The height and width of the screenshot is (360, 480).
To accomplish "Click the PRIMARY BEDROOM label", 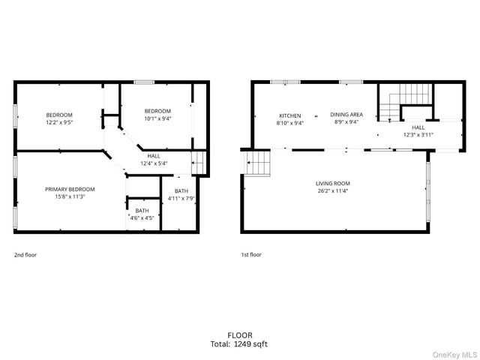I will [x=70, y=189].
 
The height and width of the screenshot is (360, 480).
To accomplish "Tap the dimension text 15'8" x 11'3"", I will [x=70, y=197].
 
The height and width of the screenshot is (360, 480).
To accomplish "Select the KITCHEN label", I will [x=289, y=115].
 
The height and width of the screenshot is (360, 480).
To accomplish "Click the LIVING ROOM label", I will [x=332, y=183].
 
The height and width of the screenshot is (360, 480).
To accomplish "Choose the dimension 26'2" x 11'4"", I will [x=332, y=191].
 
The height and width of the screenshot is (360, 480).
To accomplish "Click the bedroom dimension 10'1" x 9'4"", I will [x=157, y=118].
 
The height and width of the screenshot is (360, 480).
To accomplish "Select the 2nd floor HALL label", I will [x=153, y=155].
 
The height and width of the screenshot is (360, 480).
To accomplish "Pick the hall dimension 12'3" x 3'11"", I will [x=418, y=135].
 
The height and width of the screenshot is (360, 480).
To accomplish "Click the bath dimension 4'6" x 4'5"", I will [x=142, y=218].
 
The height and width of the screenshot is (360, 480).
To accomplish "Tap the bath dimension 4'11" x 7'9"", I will [x=181, y=199].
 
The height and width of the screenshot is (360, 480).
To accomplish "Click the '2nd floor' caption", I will [x=25, y=255].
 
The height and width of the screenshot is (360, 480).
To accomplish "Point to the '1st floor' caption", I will [x=251, y=255].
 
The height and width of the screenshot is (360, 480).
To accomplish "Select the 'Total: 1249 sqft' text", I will [x=239, y=344].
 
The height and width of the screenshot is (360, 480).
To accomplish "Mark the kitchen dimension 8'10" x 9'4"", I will [x=289, y=123].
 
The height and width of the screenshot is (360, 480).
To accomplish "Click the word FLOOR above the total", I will [x=239, y=335].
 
